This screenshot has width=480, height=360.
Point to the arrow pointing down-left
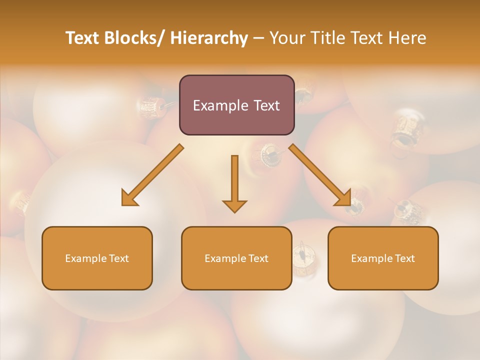(x=153, y=175)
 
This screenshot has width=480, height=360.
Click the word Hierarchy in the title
(x=209, y=38)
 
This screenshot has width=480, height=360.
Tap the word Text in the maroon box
(x=266, y=106)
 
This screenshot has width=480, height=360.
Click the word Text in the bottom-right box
(x=404, y=258)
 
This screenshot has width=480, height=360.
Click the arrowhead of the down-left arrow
(x=128, y=199)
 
